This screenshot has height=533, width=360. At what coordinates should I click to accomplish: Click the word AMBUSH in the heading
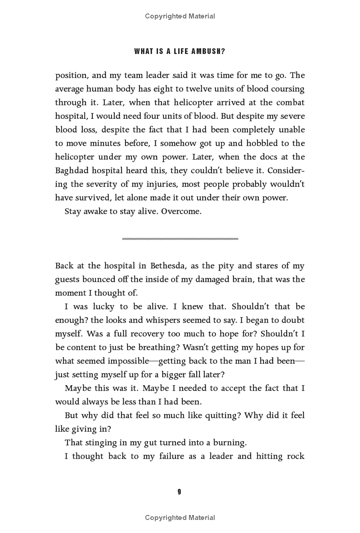(x=207, y=51)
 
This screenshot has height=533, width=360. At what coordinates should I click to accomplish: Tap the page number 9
(x=179, y=492)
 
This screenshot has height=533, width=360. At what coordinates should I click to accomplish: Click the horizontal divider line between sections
(x=180, y=239)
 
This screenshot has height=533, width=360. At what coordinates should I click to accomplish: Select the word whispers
(x=198, y=320)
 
